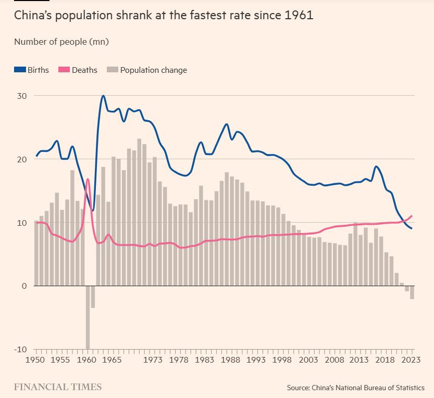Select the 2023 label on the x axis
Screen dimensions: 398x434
click(411, 360)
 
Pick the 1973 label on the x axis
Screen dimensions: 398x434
click(152, 360)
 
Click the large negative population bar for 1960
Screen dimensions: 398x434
click(88, 317)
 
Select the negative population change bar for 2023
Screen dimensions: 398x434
click(412, 292)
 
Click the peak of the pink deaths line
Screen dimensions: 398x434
click(88, 179)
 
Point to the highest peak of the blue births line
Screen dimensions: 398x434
click(103, 96)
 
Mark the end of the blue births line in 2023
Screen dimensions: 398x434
click(412, 228)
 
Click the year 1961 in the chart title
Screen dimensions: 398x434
click(299, 16)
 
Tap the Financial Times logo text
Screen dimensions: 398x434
click(57, 387)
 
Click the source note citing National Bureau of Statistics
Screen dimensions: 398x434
click(355, 388)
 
